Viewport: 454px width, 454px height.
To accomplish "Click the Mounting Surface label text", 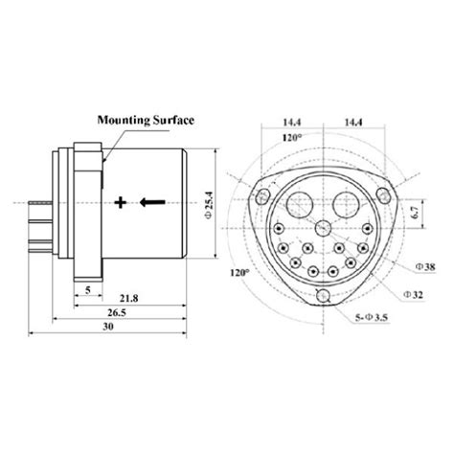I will (x=145, y=120).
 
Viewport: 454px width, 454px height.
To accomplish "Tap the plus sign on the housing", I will (x=121, y=202).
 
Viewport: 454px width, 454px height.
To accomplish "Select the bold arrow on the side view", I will (x=153, y=202).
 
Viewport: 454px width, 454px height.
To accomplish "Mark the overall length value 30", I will (x=108, y=328).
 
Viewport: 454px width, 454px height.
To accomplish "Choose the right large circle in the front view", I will (x=349, y=203).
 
